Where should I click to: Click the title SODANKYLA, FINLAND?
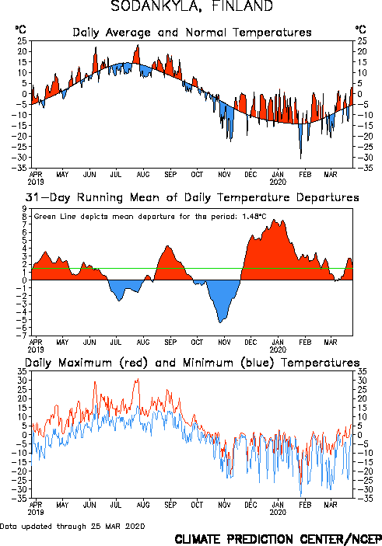pyautogui.click(x=191, y=6)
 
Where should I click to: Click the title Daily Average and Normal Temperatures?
pyautogui.click(x=192, y=33)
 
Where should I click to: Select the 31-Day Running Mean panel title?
pyautogui.click(x=192, y=197)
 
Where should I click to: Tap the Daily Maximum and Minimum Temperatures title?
pyautogui.click(x=192, y=363)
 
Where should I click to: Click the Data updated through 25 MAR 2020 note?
pyautogui.click(x=72, y=526)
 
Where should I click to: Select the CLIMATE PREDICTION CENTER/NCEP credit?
pyautogui.click(x=278, y=539)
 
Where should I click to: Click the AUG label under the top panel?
pyautogui.click(x=143, y=174)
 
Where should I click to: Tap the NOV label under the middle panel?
pyautogui.click(x=224, y=342)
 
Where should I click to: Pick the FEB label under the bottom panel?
pyautogui.click(x=305, y=505)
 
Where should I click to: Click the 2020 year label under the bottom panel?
pyautogui.click(x=278, y=513)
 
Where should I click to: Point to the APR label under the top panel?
pyautogui.click(x=36, y=174)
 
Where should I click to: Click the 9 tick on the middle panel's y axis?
pyautogui.click(x=24, y=209)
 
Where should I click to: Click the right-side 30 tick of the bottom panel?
pyautogui.click(x=362, y=381)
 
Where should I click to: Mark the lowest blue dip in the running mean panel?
pyautogui.click(x=220, y=322)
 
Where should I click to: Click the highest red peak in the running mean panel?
pyautogui.click(x=274, y=219)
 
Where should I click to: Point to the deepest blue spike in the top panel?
pyautogui.click(x=301, y=158)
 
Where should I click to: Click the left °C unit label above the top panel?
pyautogui.click(x=20, y=30)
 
